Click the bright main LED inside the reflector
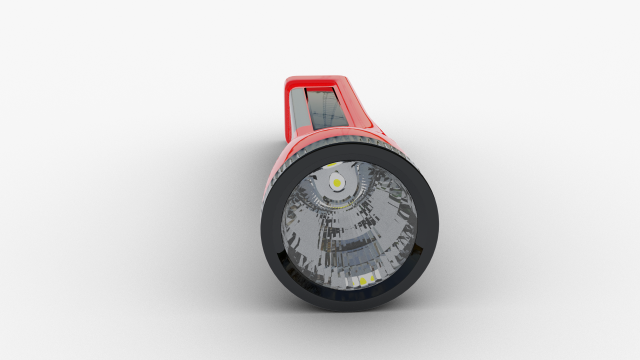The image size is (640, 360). pyautogui.click(x=338, y=183)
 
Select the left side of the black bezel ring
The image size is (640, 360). pyautogui.click(x=269, y=225)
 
